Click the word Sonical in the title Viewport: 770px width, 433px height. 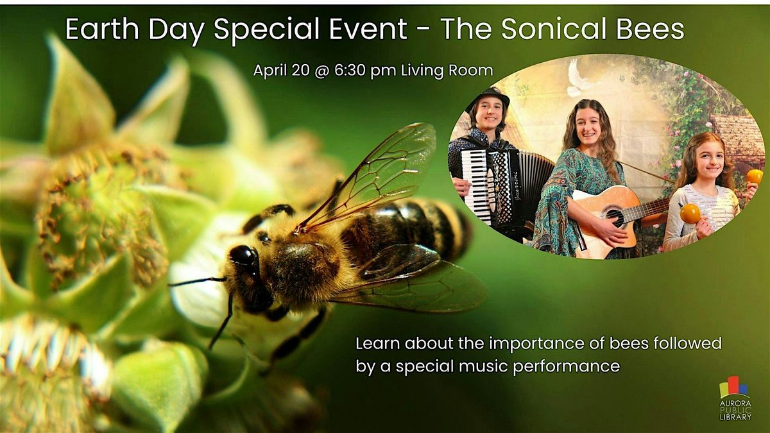(555, 29)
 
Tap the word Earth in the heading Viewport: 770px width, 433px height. (102, 29)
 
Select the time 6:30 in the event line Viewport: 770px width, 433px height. (350, 71)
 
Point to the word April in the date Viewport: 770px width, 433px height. (271, 71)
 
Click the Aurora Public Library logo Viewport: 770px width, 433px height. (735, 398)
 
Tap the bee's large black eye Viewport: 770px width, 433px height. (243, 256)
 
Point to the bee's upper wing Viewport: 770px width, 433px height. (372, 175)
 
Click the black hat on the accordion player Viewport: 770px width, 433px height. (488, 98)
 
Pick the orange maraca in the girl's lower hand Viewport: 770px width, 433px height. (690, 214)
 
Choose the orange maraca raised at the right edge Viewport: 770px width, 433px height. (755, 176)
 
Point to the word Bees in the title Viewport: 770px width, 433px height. (651, 29)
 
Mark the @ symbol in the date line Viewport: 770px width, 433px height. (321, 71)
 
